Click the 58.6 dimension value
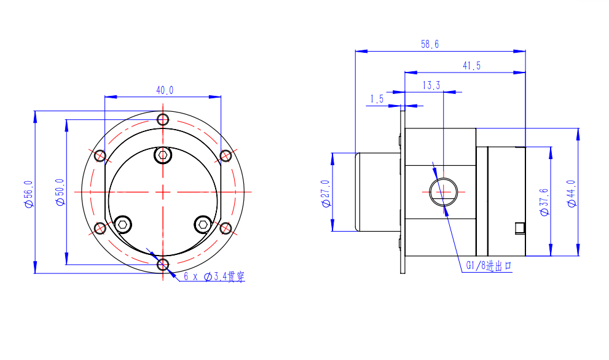pos(430,44)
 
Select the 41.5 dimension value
pos(471,66)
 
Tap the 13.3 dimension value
pos(431,85)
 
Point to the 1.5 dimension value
pos(377,99)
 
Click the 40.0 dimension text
pos(165,90)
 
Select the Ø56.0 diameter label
pos(29,194)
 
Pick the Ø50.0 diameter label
pos(60,192)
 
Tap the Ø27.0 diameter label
pos(326,194)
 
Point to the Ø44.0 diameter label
pos(572,194)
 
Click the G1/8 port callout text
pos(489,265)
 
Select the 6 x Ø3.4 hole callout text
pos(214,276)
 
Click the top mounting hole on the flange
pos(163,119)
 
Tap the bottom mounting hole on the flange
pos(163,265)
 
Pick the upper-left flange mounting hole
pos(100,155)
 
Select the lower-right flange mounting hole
pos(226,229)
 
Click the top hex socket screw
pos(163,155)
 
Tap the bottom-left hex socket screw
pos(123,224)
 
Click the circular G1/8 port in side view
pos(443,192)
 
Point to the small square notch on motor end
pos(520,229)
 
